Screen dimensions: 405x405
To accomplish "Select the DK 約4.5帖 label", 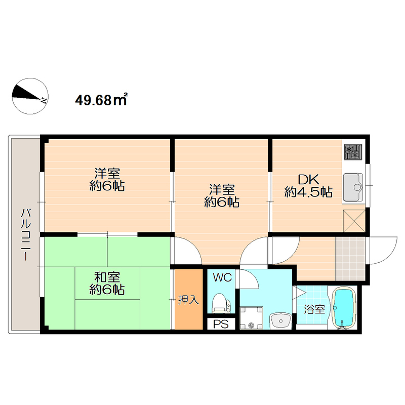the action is point(308,186).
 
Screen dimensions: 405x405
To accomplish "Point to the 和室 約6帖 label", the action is point(107,283).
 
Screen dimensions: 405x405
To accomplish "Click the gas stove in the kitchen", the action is point(353,152).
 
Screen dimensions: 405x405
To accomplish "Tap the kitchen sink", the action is point(352,187).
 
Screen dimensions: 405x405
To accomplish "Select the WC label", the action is point(222,277).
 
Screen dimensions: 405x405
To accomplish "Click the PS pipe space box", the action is point(221,324).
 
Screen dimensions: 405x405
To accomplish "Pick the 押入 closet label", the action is point(188,300).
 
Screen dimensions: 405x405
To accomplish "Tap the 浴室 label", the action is point(314,309).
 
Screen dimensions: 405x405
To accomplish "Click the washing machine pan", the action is point(251,318).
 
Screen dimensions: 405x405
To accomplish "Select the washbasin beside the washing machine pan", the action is point(280,321).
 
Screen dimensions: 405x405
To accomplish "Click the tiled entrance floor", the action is point(350,259).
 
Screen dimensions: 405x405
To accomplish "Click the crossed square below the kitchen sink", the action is point(354,221).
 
